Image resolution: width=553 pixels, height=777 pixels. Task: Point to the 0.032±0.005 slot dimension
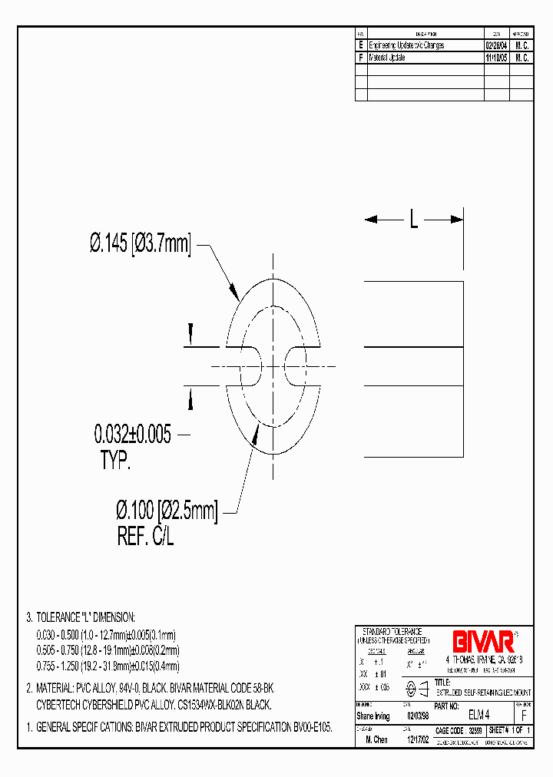click(132, 435)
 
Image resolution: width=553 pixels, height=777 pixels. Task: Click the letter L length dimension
click(413, 220)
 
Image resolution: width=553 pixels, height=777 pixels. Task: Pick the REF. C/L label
click(146, 537)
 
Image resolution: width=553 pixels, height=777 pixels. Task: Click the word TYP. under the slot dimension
click(116, 461)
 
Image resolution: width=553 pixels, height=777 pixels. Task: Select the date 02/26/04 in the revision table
click(495, 45)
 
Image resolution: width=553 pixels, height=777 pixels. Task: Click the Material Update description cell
click(387, 58)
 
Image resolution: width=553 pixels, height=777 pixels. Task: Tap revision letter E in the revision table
click(361, 45)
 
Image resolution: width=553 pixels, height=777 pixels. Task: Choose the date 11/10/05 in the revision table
click(495, 58)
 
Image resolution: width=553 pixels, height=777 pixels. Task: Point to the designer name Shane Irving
click(373, 716)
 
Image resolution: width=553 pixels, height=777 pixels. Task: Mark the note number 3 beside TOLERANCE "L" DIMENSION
click(29, 617)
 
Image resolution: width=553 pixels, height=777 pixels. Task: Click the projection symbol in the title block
click(416, 688)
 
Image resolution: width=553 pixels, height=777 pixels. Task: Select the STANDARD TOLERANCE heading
click(392, 631)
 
